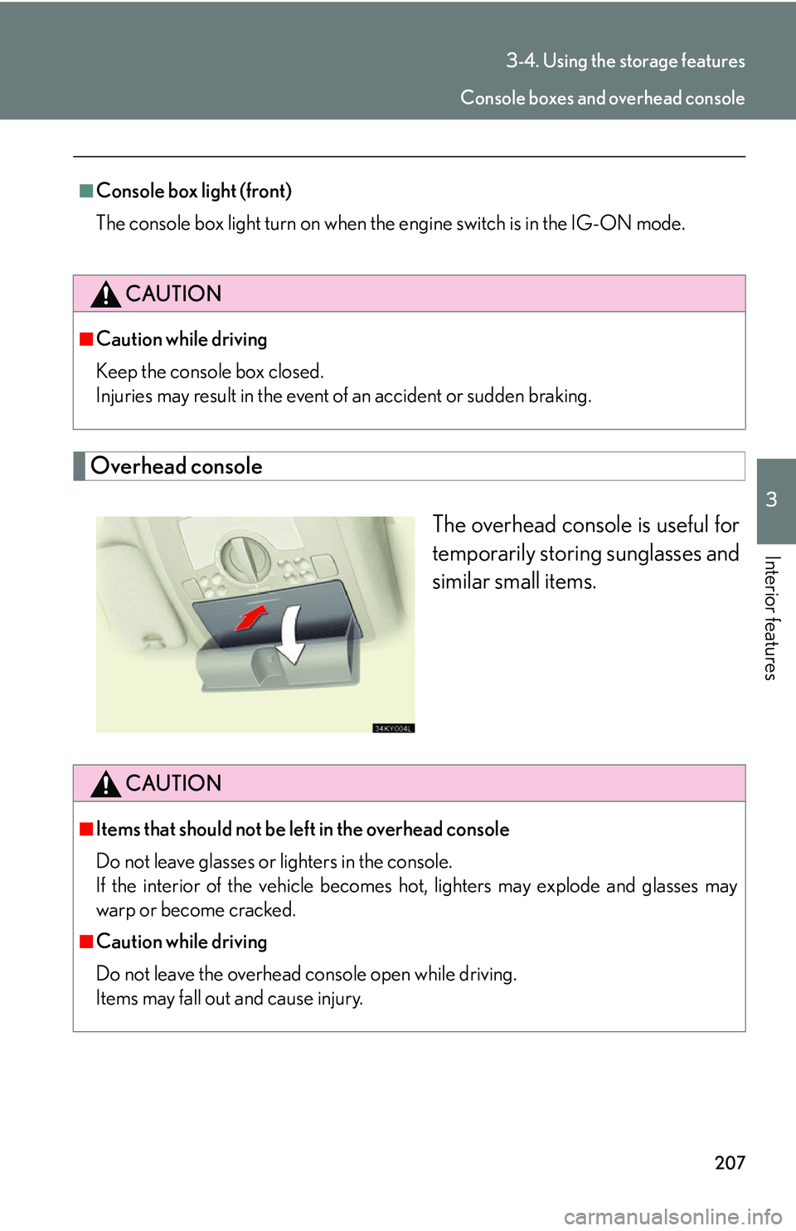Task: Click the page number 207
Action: point(730,1162)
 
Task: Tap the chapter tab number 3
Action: point(771,499)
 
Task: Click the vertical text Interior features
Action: point(770,618)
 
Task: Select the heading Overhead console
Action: point(177,466)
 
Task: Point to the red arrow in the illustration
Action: point(251,617)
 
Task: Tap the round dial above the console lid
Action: point(244,557)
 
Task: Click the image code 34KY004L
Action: point(393,728)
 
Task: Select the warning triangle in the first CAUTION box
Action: point(105,294)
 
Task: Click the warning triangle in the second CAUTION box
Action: point(105,784)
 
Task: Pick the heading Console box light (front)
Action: point(193,191)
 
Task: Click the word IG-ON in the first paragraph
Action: point(601,223)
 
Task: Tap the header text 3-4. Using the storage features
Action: point(625,61)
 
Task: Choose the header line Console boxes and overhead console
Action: point(602,98)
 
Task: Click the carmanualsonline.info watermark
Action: point(672,1217)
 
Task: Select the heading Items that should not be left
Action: point(302,830)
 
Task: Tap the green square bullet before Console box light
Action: point(86,191)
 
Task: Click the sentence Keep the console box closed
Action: point(210,372)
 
